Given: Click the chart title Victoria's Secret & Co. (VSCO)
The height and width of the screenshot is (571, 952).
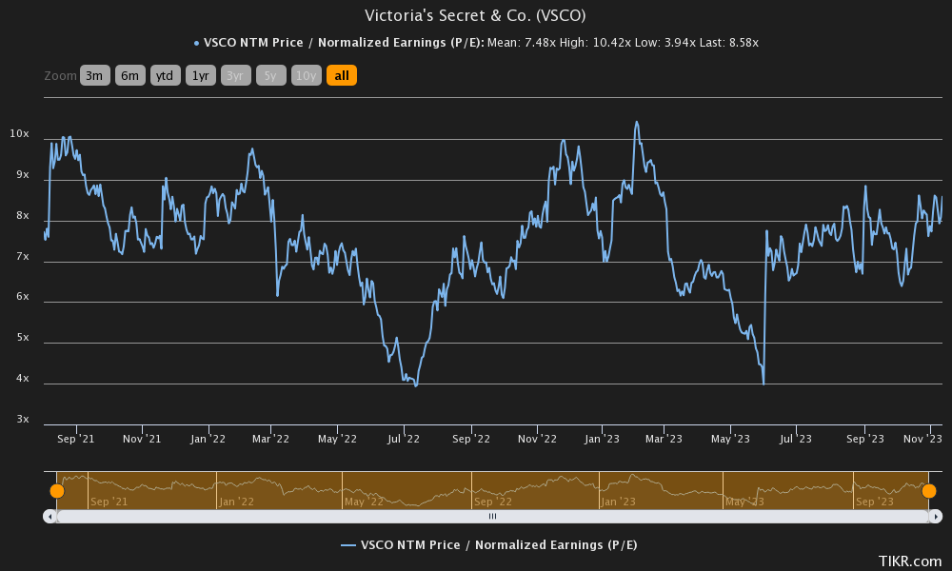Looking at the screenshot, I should [475, 16].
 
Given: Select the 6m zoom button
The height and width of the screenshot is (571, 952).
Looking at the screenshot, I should [130, 76].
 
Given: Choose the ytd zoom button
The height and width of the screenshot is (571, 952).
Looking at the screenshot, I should [165, 76].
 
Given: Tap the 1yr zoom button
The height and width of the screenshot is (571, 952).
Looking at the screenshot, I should [200, 76].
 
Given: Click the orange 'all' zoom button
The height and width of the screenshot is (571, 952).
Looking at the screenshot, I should [341, 76].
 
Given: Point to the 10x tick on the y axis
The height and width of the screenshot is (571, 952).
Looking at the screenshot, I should [19, 135].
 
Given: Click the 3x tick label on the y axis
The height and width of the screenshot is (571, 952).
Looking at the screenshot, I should [22, 420].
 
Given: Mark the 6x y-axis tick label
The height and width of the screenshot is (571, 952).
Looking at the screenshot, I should [22, 298].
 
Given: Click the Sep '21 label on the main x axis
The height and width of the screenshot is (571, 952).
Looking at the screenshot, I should [75, 440].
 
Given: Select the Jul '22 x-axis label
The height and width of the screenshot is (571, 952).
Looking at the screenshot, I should [404, 440].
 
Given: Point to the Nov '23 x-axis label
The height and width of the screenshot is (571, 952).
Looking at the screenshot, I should [922, 440].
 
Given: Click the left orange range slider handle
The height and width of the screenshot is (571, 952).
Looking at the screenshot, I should [57, 491].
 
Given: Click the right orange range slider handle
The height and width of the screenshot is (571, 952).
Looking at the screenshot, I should [929, 491].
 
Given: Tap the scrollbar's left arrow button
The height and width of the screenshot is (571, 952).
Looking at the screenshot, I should [50, 516].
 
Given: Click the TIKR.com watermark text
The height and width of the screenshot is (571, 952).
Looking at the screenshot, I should [910, 562].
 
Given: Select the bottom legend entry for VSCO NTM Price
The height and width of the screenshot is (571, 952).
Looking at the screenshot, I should [489, 545].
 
